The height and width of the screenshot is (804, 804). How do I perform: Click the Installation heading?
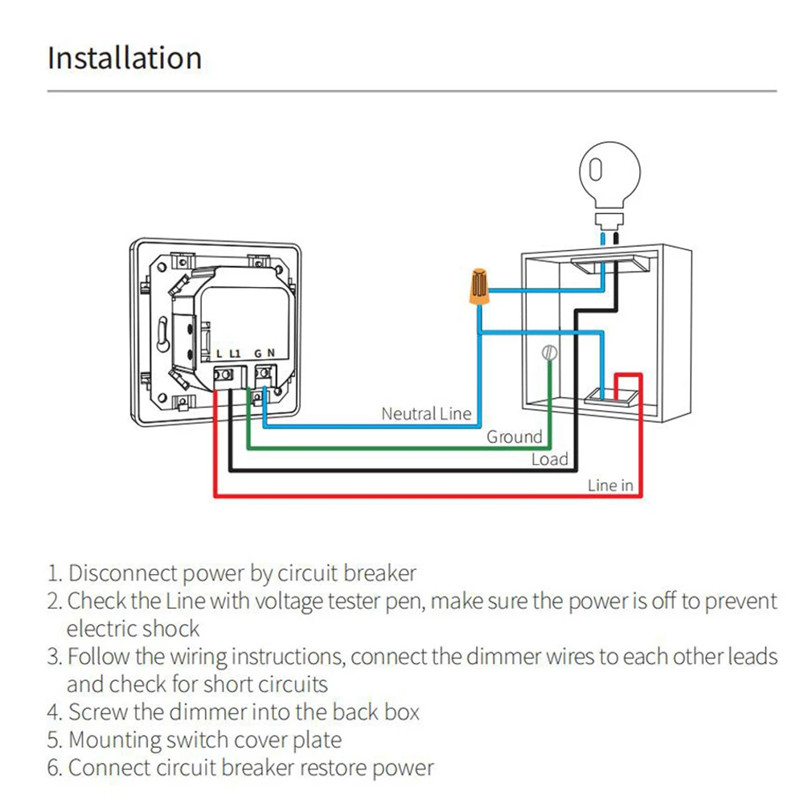[x=125, y=59]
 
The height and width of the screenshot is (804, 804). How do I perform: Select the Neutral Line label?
[x=426, y=414]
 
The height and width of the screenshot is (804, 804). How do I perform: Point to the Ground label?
[x=515, y=437]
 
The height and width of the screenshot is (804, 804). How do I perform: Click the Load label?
[x=550, y=460]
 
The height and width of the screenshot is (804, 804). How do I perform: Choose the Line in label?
[x=610, y=485]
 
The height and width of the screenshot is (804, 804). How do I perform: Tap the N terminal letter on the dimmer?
[x=272, y=352]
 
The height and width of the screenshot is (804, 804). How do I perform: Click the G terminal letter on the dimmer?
[x=258, y=352]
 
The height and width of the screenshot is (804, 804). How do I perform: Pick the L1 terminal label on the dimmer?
[x=235, y=352]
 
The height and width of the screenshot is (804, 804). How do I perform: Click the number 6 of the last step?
[x=53, y=768]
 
